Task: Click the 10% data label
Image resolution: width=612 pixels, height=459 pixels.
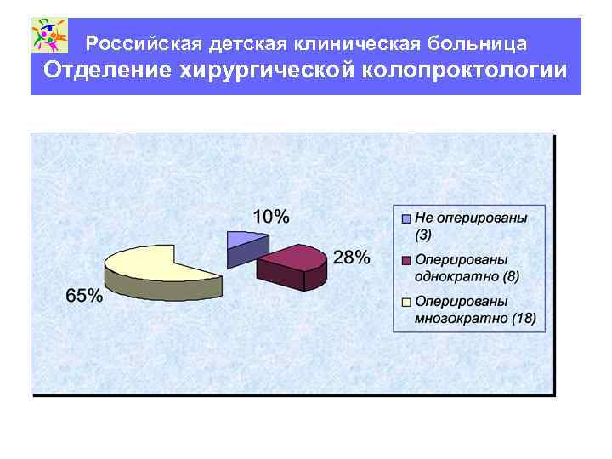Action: click(271, 216)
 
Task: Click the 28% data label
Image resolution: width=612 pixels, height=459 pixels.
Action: click(351, 258)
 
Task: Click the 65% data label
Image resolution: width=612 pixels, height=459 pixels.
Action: click(84, 296)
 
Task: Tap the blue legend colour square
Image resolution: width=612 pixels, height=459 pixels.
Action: click(406, 218)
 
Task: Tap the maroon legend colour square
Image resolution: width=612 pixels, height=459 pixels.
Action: click(406, 260)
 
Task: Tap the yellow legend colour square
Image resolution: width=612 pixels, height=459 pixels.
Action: click(406, 302)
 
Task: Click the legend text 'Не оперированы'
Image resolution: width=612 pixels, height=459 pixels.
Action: click(470, 218)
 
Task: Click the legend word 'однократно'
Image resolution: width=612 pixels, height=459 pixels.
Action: click(450, 276)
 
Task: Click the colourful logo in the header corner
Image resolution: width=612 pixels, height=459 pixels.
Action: click(49, 36)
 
